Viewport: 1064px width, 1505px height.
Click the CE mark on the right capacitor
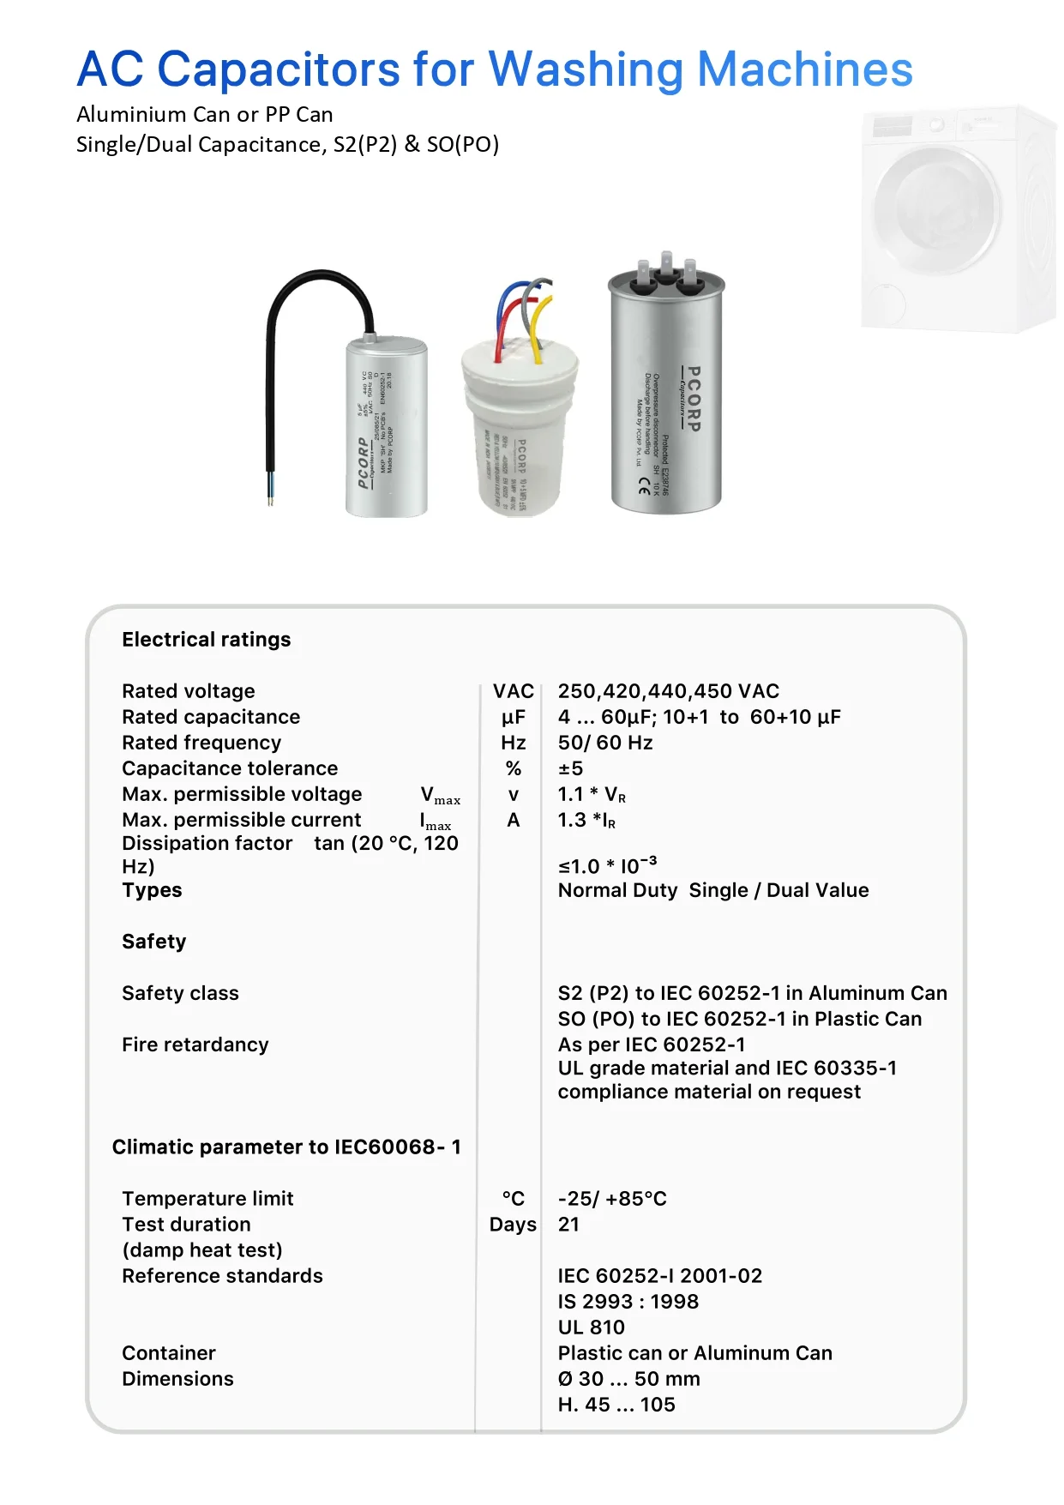coord(644,485)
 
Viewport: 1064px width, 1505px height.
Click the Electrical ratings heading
coord(206,640)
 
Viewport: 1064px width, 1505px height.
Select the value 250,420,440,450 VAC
coord(668,691)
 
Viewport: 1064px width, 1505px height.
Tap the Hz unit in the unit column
coord(513,743)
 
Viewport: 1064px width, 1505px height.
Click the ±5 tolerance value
coord(570,768)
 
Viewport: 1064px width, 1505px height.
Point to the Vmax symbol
coord(440,795)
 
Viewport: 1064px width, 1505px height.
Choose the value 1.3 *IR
coord(586,821)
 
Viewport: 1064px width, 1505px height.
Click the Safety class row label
coord(180,993)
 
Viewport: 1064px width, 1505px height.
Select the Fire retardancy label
coord(195,1044)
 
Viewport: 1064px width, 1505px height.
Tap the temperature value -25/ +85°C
coord(611,1199)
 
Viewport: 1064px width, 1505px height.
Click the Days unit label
coord(513,1225)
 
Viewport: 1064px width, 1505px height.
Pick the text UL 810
coord(591,1327)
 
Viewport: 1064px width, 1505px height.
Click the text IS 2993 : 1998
coord(628,1302)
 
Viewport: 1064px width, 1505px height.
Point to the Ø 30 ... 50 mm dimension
coord(628,1379)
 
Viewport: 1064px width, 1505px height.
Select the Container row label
coord(168,1353)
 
